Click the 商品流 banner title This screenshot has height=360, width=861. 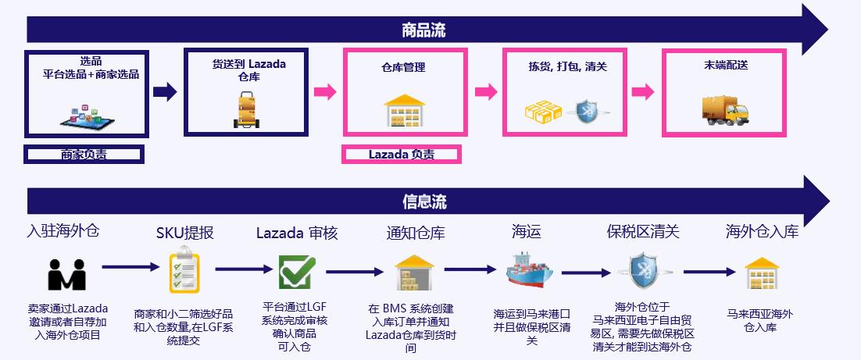pyautogui.click(x=423, y=30)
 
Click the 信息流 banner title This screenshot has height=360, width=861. pyautogui.click(x=424, y=201)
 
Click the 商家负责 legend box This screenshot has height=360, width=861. pyautogui.click(x=84, y=155)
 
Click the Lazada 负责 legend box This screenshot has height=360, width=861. pyautogui.click(x=402, y=155)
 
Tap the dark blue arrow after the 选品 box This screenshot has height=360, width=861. pyautogui.click(x=164, y=92)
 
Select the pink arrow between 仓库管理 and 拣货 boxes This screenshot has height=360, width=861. pyautogui.click(x=485, y=92)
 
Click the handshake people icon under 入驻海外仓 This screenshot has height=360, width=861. pyautogui.click(x=66, y=274)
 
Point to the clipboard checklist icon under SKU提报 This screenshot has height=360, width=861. pyautogui.click(x=184, y=269)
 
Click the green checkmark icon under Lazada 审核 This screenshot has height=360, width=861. pyautogui.click(x=297, y=271)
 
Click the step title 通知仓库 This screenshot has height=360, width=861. pyautogui.click(x=415, y=233)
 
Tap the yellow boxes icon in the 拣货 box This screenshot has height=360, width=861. pyautogui.click(x=543, y=112)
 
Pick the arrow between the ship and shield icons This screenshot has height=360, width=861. pyautogui.click(x=588, y=273)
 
